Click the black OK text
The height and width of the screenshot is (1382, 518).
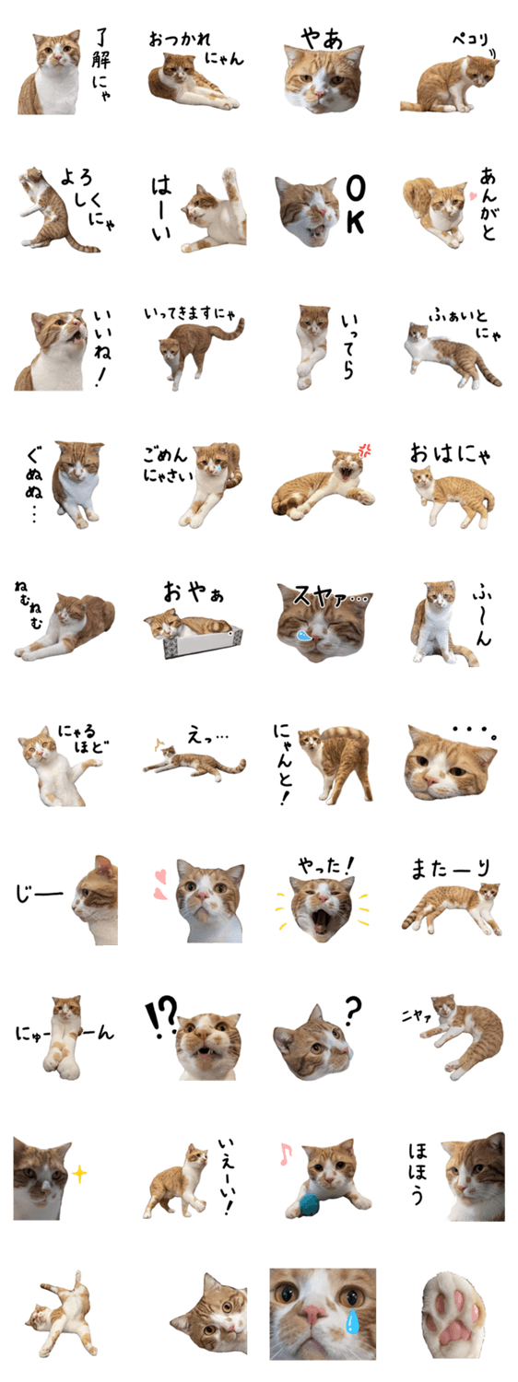pos(355,205)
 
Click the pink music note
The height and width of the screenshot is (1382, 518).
pos(285,1154)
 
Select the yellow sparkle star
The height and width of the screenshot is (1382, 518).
pos(79,1174)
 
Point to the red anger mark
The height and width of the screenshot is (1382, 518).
pos(365,451)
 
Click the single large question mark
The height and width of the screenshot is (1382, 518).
pos(352,1011)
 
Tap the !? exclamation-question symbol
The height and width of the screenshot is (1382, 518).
pos(160,1015)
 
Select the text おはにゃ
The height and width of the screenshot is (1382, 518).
pos(450,453)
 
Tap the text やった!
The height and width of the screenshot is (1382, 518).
pos(326,866)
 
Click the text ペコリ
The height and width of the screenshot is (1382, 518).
pos(470,41)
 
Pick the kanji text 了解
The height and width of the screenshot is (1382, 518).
pos(100,50)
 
